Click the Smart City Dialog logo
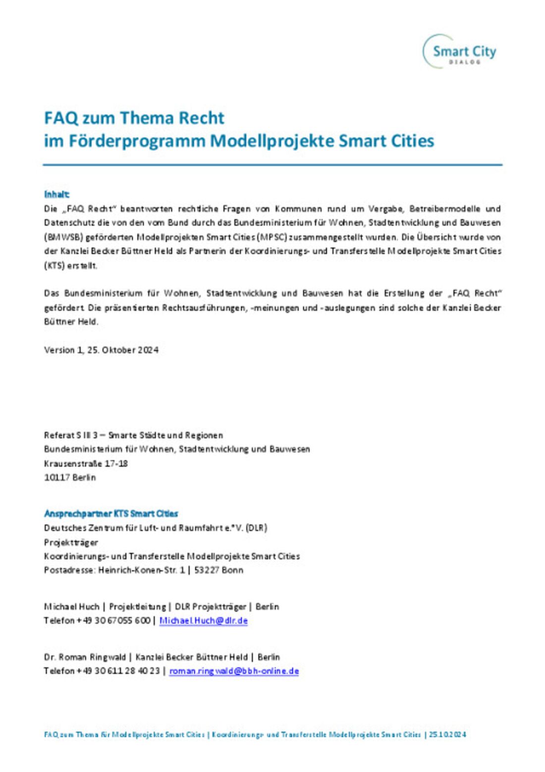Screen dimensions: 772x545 click(x=459, y=52)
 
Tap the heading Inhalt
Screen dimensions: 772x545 click(x=56, y=194)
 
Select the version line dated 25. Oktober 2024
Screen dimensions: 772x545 click(x=101, y=350)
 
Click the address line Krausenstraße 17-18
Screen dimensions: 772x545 click(x=86, y=463)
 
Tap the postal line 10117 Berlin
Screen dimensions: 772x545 click(x=70, y=477)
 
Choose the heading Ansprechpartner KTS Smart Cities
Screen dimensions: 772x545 click(x=110, y=513)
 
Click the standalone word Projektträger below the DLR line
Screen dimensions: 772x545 click(x=71, y=542)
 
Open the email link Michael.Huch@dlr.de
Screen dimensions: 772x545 click(x=203, y=620)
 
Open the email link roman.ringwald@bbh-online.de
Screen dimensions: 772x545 click(x=234, y=671)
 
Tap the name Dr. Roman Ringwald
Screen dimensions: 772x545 click(x=85, y=657)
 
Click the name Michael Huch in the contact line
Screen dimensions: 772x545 click(x=71, y=607)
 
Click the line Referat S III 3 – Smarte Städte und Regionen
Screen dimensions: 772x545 click(x=133, y=435)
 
